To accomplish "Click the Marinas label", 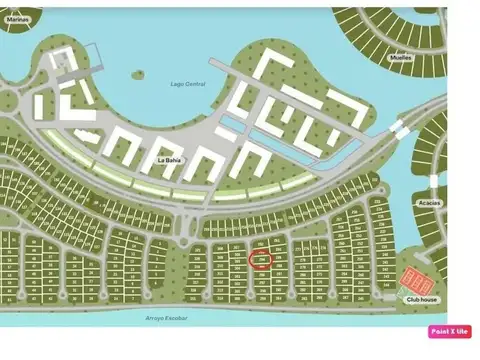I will click(x=18, y=18).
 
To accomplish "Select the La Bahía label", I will click(x=168, y=157).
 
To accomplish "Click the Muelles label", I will click(x=400, y=58).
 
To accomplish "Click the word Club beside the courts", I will click(x=413, y=299).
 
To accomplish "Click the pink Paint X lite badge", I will click(x=449, y=331).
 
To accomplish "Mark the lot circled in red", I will click(x=258, y=260).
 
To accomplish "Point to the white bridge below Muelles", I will click(x=399, y=129).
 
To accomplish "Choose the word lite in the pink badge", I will click(x=463, y=331).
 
